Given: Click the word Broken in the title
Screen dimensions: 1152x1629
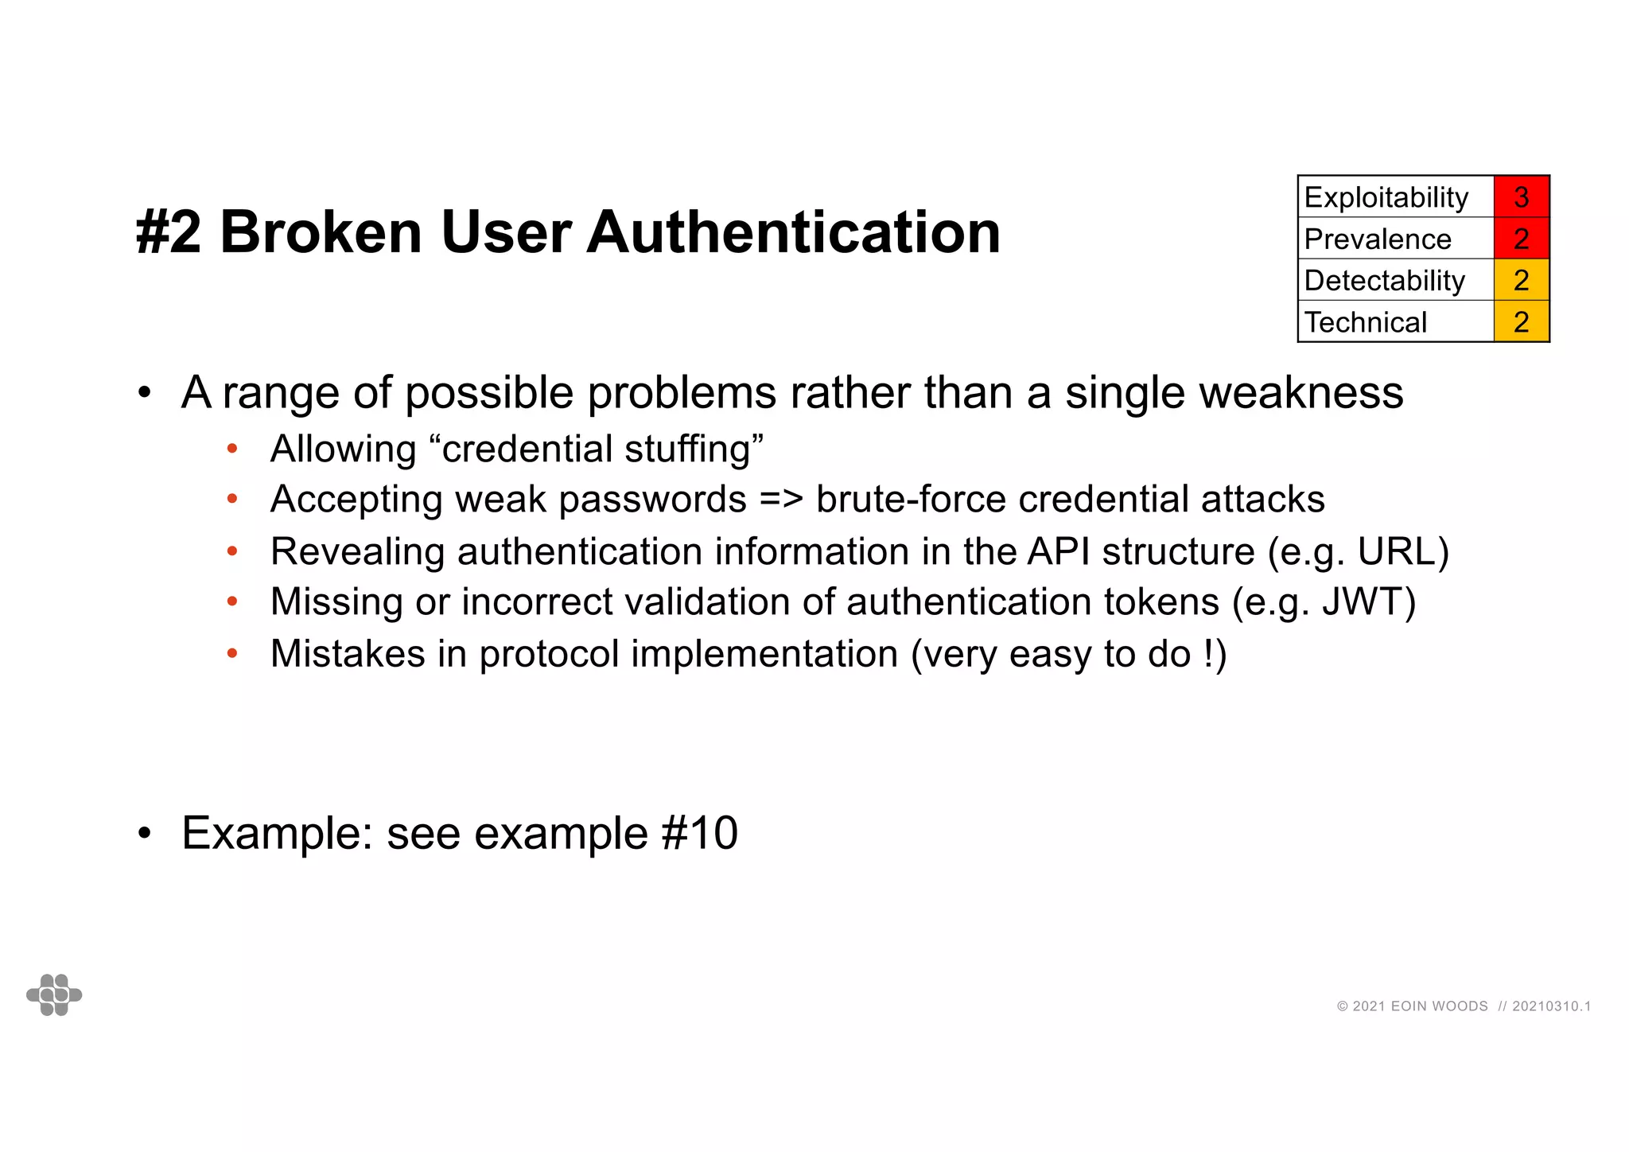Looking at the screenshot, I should pyautogui.click(x=321, y=232).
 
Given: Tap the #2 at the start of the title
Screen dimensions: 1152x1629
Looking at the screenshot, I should pyautogui.click(x=169, y=232).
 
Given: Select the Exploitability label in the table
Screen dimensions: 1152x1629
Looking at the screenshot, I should pyautogui.click(x=1386, y=197).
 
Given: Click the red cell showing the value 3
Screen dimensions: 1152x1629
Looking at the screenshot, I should pyautogui.click(x=1521, y=197).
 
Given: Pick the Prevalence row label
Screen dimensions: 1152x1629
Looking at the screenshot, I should pyautogui.click(x=1378, y=239).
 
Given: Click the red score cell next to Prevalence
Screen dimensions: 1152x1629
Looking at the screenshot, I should pyautogui.click(x=1521, y=239).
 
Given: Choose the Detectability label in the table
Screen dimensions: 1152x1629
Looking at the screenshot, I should pyautogui.click(x=1384, y=280).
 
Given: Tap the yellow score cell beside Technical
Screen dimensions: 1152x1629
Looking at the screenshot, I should pyautogui.click(x=1521, y=321).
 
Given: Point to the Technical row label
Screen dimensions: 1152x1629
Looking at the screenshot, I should pyautogui.click(x=1366, y=322).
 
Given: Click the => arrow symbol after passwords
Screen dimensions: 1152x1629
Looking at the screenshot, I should pyautogui.click(x=781, y=500).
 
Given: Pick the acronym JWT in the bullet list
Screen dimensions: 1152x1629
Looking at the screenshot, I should pyautogui.click(x=1362, y=601).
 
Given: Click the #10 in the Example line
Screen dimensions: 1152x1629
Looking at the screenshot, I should pyautogui.click(x=699, y=833).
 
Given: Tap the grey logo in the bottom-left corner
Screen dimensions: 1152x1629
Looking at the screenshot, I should pyautogui.click(x=54, y=994).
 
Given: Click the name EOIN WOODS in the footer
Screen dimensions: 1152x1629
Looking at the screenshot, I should pyautogui.click(x=1439, y=1006).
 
